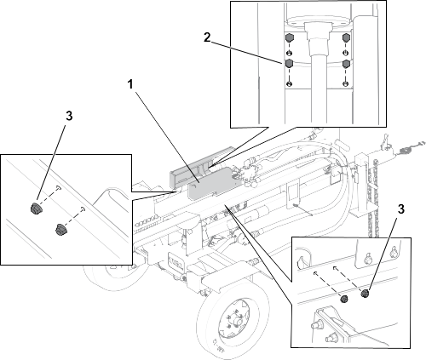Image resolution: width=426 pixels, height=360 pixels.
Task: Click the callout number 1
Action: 130,84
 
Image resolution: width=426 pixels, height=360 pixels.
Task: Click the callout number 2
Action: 207,37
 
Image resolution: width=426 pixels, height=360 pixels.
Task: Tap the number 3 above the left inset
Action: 69,116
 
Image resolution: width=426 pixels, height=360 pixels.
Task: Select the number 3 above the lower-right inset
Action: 400,209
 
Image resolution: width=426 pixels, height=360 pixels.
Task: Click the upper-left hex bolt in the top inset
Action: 289,37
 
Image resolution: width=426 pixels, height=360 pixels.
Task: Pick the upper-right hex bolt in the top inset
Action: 346,37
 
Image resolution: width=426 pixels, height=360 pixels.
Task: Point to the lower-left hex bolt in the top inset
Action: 289,64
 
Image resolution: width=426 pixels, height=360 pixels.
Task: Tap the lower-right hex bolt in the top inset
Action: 346,64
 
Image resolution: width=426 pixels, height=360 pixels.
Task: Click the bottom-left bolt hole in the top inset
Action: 289,83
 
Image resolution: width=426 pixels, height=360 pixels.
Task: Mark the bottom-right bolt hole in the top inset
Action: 346,83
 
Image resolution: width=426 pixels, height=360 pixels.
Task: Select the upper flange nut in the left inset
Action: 36,209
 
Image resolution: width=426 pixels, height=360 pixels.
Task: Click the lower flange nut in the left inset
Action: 60,229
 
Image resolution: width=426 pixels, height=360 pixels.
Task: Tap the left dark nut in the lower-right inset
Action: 344,299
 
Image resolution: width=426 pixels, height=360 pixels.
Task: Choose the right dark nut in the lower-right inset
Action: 365,293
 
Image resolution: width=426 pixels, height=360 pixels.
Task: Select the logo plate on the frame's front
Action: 176,260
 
